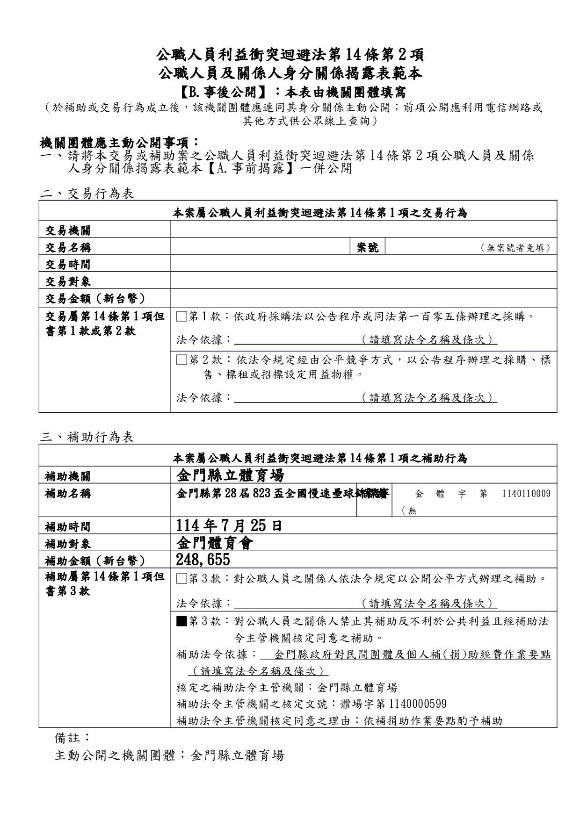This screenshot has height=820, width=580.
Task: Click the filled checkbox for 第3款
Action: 181,621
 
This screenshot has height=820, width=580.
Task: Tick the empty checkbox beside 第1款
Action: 181,316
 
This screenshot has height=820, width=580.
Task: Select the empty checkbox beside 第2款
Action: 181,360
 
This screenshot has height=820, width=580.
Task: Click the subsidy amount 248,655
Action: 203,560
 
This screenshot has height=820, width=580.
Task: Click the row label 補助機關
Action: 68,476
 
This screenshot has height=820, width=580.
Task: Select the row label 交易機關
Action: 68,230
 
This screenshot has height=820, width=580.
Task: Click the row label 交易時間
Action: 68,265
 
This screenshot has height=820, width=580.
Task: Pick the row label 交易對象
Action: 68,281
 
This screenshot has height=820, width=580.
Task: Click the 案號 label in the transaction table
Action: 368,247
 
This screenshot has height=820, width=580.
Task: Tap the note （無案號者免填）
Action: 515,248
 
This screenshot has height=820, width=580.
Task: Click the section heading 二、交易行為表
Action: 87,194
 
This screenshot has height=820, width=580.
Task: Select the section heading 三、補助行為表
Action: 87,437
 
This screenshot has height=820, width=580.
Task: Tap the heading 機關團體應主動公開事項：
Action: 120,142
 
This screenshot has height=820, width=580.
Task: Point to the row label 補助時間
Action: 68,527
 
